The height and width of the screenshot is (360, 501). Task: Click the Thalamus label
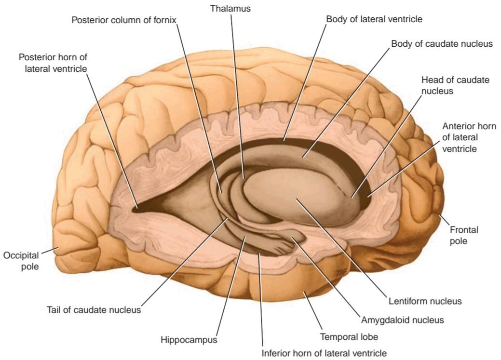230,8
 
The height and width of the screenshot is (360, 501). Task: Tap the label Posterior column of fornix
123,20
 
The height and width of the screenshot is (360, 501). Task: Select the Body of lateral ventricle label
374,19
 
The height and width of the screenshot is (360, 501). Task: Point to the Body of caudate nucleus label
442,43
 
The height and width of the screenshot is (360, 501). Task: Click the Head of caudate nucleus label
455,85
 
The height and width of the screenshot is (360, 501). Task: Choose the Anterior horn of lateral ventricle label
469,137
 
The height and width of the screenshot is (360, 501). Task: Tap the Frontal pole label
464,235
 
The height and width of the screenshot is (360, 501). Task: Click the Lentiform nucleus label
425,301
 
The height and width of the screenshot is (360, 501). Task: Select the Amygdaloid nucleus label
402,320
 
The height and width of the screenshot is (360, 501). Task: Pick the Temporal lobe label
349,337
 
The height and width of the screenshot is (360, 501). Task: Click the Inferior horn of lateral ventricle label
324,353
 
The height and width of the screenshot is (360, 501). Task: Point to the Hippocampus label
189,340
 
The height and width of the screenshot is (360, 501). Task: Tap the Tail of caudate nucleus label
94,310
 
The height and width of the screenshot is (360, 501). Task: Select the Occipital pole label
21,261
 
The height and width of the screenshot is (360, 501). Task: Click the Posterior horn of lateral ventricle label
53,63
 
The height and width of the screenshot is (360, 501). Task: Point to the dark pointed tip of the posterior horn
136,209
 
